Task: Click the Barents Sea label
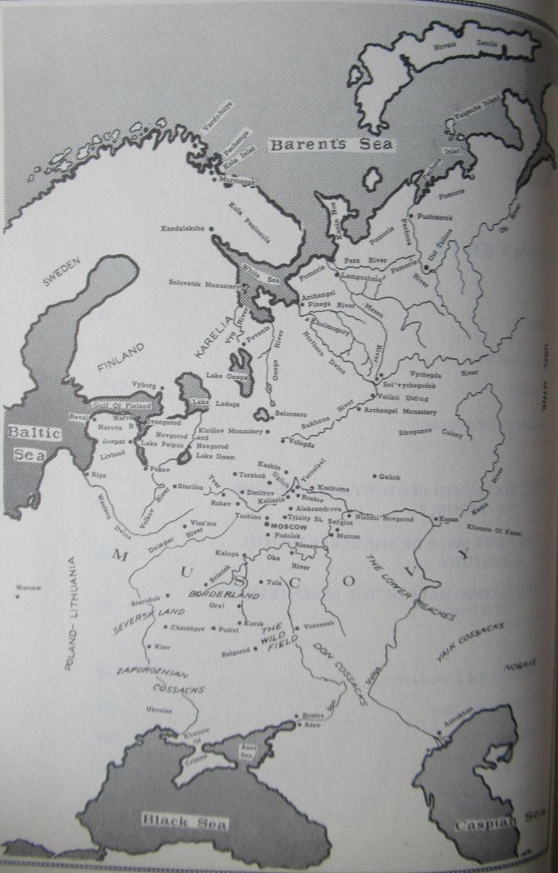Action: [331, 145]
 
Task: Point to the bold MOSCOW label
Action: [283, 526]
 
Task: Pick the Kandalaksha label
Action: [183, 229]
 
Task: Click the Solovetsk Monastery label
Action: [200, 284]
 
